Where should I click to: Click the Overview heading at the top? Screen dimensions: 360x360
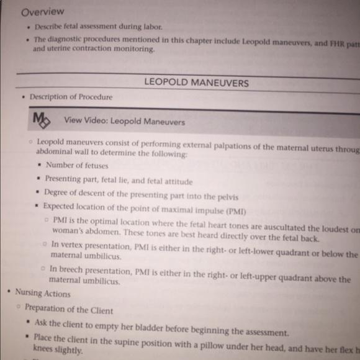(x=43, y=12)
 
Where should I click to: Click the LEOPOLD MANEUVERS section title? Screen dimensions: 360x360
(x=196, y=83)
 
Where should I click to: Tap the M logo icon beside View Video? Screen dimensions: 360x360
(x=42, y=119)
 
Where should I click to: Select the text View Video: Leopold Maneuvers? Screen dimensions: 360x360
(x=124, y=121)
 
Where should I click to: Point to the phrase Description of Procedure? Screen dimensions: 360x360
(x=71, y=97)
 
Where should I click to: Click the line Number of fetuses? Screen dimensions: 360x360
(x=77, y=166)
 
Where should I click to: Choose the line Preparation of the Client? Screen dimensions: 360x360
(x=69, y=308)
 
